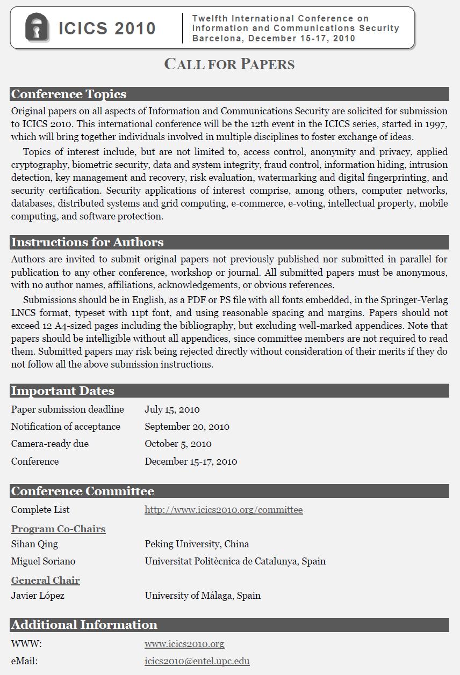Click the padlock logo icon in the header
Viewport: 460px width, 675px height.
tap(37, 27)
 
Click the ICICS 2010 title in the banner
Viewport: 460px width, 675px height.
tap(107, 28)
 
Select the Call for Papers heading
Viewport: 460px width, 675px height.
tap(229, 64)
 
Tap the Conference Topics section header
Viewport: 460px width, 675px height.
tap(69, 94)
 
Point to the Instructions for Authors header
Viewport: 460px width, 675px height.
tap(87, 243)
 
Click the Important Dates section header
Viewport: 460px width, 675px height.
tap(62, 391)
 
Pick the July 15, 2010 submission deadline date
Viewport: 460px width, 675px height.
tap(172, 409)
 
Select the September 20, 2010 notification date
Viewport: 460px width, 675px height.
tap(186, 427)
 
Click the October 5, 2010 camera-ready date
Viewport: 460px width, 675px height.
tap(178, 444)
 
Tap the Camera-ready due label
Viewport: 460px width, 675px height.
tap(49, 444)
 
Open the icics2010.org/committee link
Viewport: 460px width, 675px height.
tap(224, 510)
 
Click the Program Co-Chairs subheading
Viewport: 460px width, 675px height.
tap(58, 529)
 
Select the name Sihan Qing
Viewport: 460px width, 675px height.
tap(34, 544)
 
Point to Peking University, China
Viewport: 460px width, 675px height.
tap(197, 544)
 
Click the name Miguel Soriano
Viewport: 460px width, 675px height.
tap(43, 561)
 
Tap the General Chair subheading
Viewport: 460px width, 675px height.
tap(45, 581)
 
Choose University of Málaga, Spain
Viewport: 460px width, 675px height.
tap(202, 596)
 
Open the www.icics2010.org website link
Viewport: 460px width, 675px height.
tap(184, 644)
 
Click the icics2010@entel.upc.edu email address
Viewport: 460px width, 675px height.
tap(197, 661)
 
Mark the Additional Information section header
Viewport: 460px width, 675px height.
tap(84, 625)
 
